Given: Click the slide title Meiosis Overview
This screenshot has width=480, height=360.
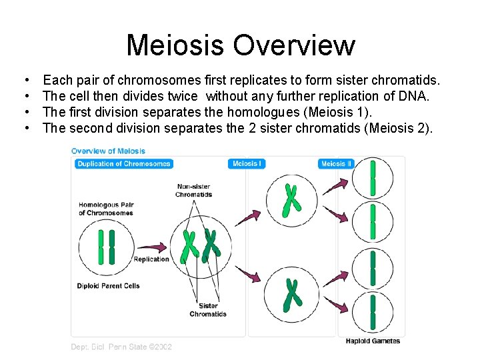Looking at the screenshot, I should tap(240, 45).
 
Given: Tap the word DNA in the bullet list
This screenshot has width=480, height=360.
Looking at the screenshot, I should tap(414, 97).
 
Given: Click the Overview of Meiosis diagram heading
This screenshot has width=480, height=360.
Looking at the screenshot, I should tap(108, 151).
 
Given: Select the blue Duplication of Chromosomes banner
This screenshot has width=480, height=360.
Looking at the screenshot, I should tap(123, 164).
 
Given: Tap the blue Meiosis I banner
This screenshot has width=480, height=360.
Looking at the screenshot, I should tap(246, 164).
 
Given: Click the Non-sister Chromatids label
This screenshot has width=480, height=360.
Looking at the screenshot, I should tap(193, 190).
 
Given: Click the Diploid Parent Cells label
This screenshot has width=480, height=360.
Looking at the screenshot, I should tap(109, 286).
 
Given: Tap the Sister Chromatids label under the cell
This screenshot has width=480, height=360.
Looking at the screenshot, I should tap(208, 310).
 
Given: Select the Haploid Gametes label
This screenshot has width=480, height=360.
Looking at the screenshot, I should tap(373, 341).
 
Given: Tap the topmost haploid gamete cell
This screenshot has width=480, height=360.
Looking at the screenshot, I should tap(373, 178).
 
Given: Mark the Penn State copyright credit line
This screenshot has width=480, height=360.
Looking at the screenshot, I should tap(121, 347).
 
